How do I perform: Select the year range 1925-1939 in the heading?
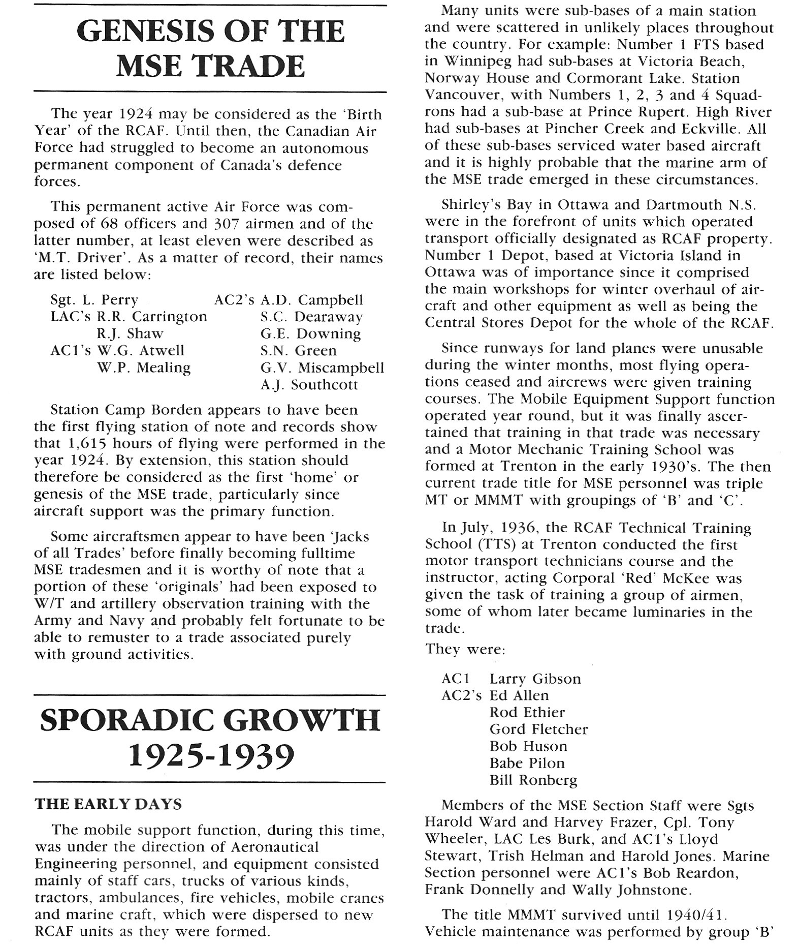coord(210,756)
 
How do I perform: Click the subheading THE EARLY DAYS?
coord(108,804)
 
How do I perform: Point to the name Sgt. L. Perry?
coord(94,300)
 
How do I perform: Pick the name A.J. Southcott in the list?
coord(309,385)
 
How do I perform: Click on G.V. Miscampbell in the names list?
coord(322,368)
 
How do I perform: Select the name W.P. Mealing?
coord(144,368)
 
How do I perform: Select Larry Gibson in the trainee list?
coord(535,679)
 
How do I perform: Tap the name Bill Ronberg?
coord(533,780)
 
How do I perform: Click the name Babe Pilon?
coord(527,763)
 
